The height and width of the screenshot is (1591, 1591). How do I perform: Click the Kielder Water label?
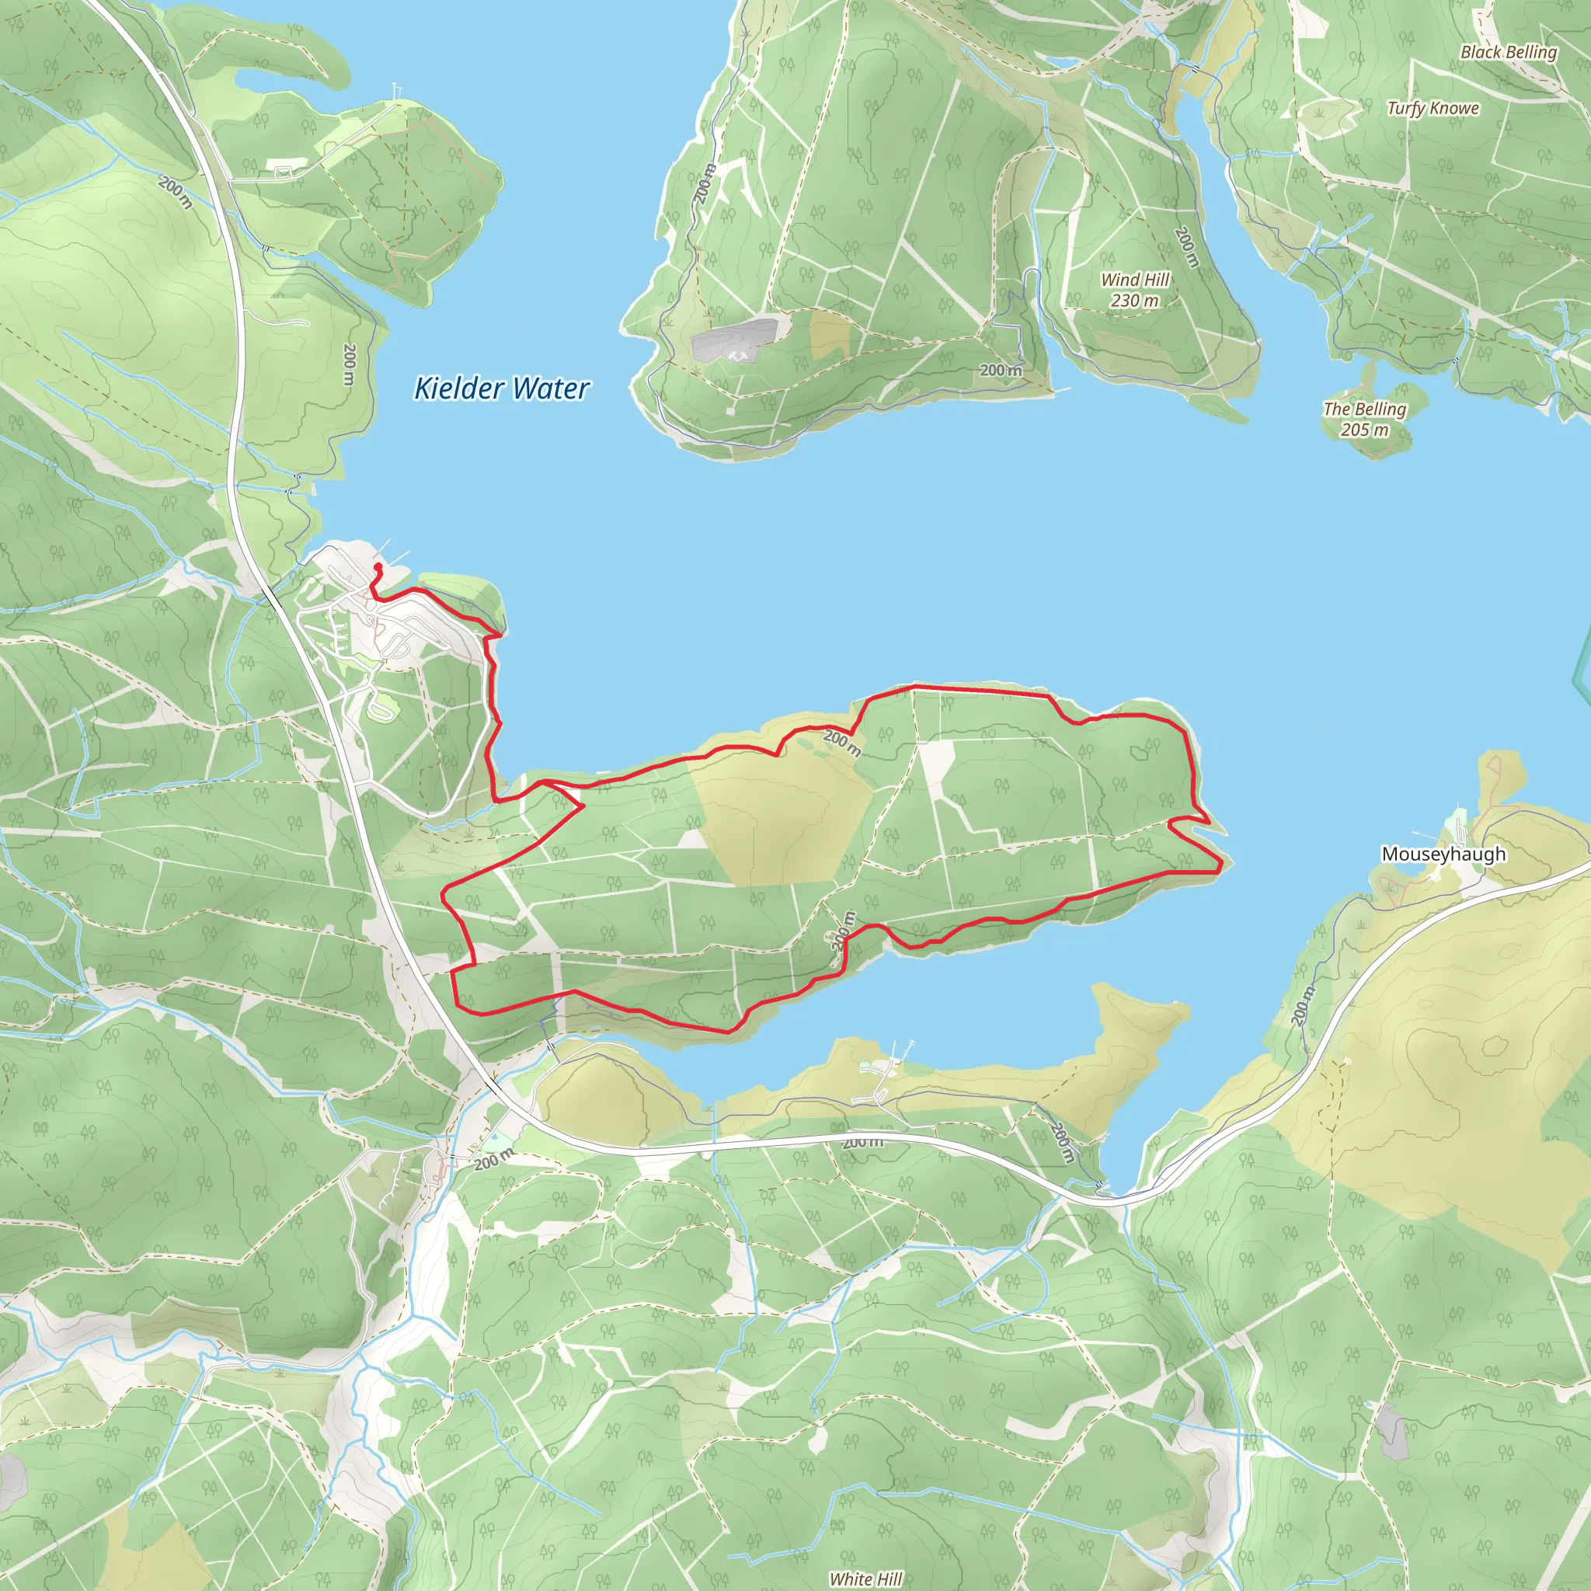coord(502,388)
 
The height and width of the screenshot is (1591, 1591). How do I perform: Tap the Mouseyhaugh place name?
coord(1443,854)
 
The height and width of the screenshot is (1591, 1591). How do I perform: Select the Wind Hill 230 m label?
coord(1135,290)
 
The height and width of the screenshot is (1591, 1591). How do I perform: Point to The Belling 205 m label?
coord(1364,419)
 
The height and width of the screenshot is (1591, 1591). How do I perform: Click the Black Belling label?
coord(1509,52)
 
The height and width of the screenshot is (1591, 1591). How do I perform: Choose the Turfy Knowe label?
coord(1433,108)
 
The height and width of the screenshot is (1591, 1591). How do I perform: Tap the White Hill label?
coord(865,1579)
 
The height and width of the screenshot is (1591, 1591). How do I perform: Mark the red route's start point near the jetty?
coord(378,566)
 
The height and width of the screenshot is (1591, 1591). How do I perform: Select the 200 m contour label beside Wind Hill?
coord(1185,246)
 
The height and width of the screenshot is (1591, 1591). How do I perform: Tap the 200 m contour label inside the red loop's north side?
coord(842,743)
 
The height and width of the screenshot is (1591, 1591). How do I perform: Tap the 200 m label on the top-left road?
coord(176,192)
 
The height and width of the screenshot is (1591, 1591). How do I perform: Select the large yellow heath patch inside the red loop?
coord(778,815)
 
